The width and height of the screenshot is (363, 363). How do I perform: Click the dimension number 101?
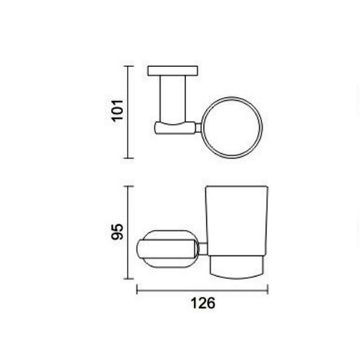click(x=117, y=110)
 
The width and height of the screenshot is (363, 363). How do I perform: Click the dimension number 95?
click(x=117, y=232)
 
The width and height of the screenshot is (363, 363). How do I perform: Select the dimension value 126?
click(x=203, y=303)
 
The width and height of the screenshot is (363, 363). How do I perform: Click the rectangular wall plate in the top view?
click(x=173, y=70)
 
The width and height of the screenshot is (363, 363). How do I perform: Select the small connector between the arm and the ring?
click(x=198, y=128)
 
